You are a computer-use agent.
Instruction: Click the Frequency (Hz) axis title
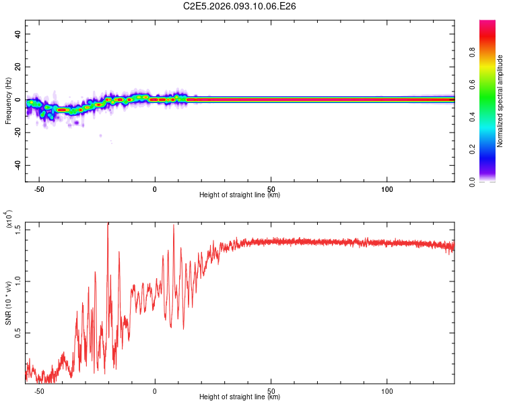tap(8, 101)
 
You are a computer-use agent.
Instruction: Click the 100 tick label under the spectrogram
tap(387, 189)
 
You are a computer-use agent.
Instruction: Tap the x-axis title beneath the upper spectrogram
tap(240, 195)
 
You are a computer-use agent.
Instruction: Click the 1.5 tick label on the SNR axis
tap(18, 229)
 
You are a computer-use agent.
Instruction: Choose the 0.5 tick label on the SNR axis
tap(18, 333)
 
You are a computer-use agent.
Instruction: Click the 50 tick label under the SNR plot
tap(271, 391)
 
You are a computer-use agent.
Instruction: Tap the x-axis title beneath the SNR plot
tap(240, 397)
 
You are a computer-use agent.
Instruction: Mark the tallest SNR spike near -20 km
tap(108, 225)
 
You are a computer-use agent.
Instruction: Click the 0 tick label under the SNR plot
tap(155, 391)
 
